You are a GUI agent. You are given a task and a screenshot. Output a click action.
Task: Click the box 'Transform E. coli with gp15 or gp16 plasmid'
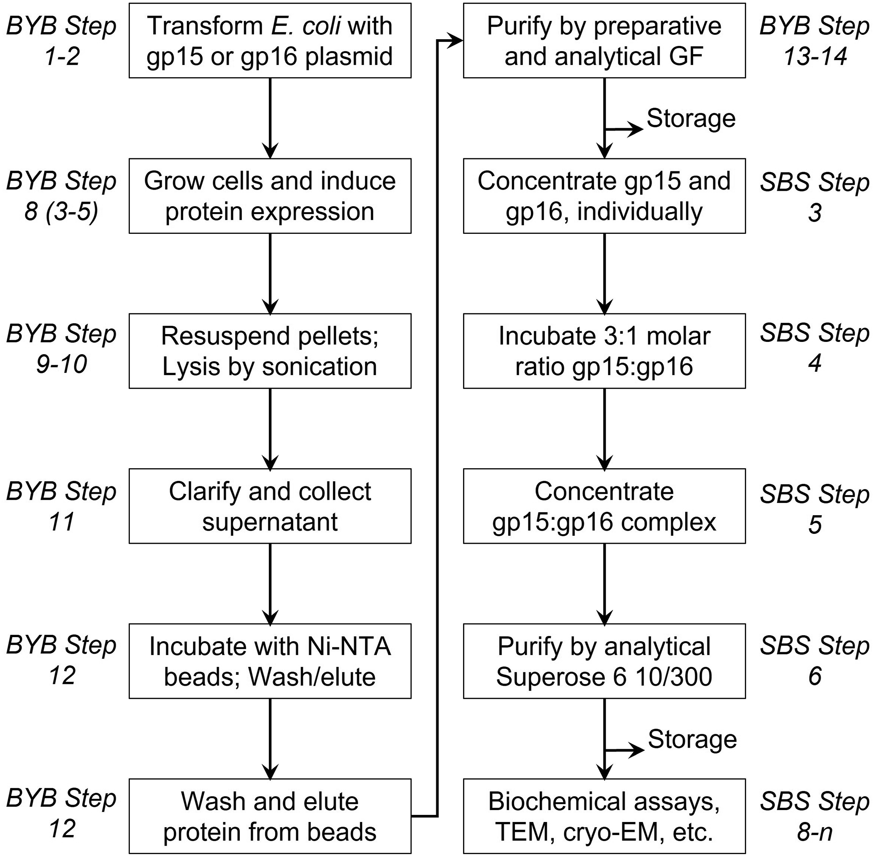click(270, 40)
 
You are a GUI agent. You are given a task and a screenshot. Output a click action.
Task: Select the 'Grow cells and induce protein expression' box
click(270, 195)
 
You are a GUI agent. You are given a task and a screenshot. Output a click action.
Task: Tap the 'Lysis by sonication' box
click(270, 351)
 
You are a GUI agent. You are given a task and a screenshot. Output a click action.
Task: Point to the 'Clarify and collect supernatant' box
click(270, 506)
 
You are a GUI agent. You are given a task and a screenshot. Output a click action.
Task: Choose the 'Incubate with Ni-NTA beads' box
click(270, 661)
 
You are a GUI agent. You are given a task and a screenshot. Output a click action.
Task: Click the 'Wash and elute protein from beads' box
click(270, 816)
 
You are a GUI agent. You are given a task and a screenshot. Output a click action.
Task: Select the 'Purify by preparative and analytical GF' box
click(604, 40)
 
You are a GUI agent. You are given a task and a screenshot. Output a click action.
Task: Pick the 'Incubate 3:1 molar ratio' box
click(604, 351)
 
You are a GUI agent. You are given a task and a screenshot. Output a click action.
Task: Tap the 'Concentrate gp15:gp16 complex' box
click(604, 506)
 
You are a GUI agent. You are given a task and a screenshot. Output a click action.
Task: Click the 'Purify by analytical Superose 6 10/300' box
click(604, 661)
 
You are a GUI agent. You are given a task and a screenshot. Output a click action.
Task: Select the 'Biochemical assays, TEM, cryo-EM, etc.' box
click(604, 816)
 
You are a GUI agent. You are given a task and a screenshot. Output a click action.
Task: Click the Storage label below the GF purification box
click(691, 119)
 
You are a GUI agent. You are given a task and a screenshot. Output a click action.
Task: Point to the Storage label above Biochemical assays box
click(692, 740)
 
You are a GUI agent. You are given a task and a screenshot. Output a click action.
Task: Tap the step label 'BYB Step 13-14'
click(815, 42)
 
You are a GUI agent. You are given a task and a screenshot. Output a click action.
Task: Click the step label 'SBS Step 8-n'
click(815, 817)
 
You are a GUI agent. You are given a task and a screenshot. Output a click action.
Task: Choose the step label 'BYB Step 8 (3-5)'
click(61, 196)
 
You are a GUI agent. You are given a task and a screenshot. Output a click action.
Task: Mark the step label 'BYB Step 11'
click(61, 507)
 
